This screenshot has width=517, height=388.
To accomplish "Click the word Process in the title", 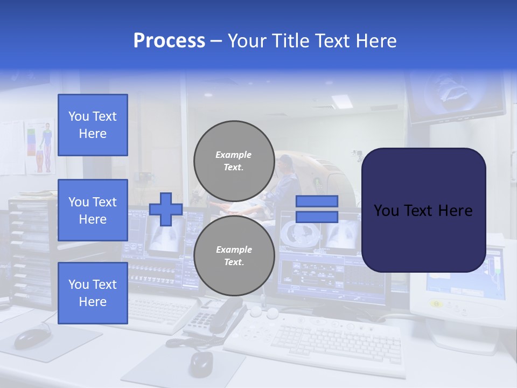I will [169, 41].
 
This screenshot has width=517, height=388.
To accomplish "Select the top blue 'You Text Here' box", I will [93, 125].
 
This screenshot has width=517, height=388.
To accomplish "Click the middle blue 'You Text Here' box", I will [93, 210].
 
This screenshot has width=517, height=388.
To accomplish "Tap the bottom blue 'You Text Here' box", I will [93, 293].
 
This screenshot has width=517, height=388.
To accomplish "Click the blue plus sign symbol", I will [166, 209].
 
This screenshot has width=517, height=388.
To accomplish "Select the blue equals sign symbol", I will [317, 209].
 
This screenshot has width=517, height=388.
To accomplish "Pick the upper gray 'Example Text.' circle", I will [234, 161].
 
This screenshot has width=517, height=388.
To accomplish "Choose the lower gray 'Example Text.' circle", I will [234, 255].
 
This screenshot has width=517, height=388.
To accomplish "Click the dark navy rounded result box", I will [423, 210].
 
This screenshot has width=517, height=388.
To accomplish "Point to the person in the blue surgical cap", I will [284, 178].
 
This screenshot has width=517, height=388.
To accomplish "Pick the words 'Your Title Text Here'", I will [312, 41].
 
